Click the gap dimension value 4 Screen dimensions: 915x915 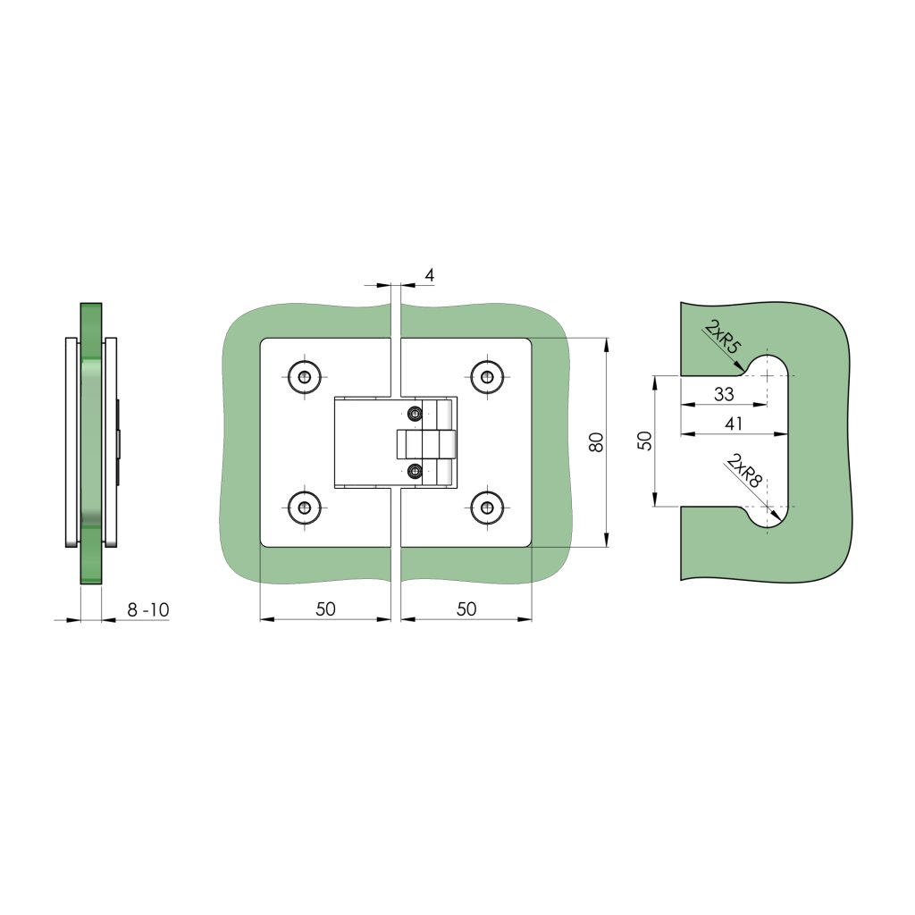coord(429,275)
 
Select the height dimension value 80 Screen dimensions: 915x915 coord(597,442)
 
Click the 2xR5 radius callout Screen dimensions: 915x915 coord(722,339)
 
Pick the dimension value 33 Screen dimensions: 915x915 coord(724,393)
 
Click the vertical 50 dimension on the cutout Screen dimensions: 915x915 coord(644,441)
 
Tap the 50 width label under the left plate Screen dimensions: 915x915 coord(326,609)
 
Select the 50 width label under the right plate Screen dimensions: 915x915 coord(466,609)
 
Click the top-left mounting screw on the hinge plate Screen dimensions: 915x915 coord(305,377)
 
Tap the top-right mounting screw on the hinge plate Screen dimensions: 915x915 coord(487,377)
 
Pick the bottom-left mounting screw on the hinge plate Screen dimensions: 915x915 coord(305,508)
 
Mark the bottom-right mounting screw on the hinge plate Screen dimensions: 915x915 coord(487,508)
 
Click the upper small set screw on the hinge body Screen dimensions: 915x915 coord(414,413)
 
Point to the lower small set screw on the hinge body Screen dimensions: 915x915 coord(414,471)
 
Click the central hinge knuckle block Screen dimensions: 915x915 coord(426,443)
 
